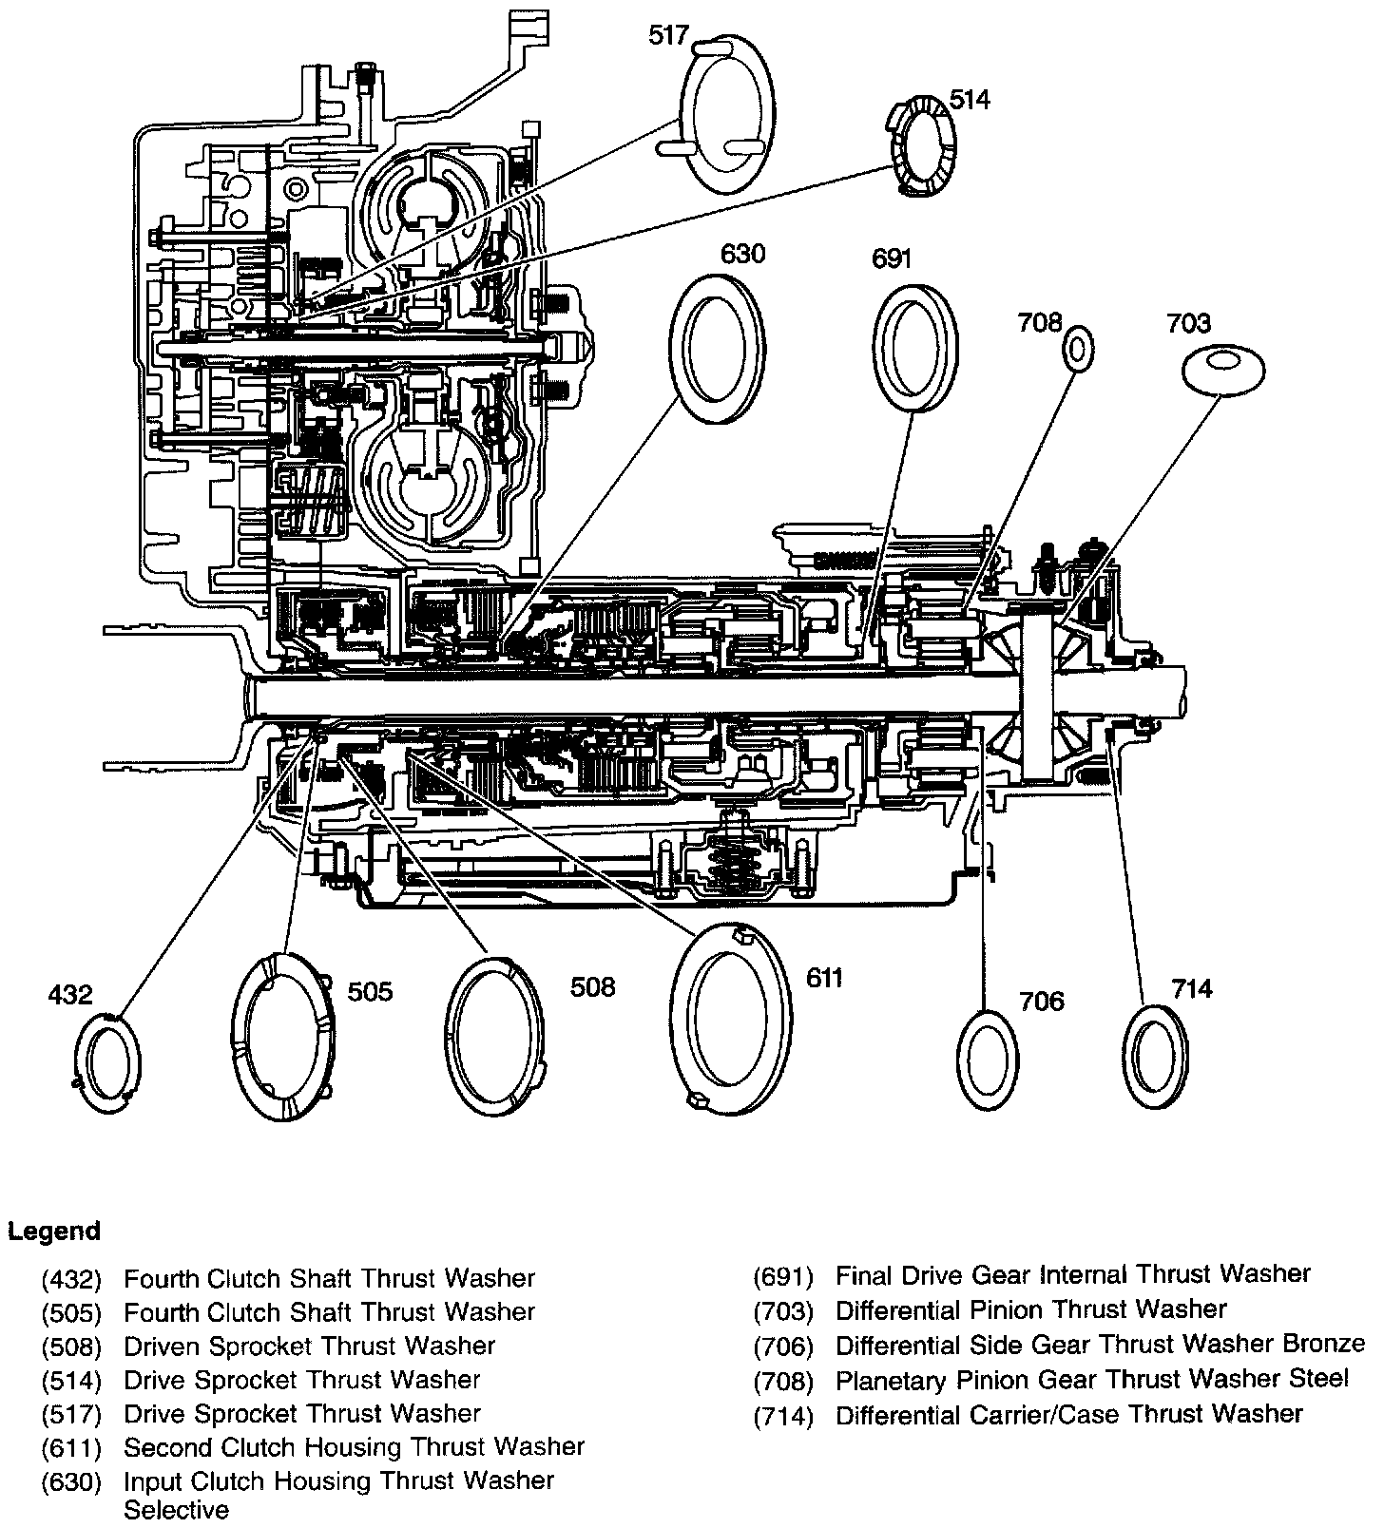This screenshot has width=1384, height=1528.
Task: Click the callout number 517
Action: tap(669, 36)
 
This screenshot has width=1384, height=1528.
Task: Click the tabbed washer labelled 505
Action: tap(283, 1036)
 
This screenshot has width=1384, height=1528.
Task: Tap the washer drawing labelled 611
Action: tap(730, 1015)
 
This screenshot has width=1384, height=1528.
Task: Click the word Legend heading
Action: tap(54, 1232)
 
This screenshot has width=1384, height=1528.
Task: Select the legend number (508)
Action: tap(71, 1347)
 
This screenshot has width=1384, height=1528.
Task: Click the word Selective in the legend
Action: tap(177, 1510)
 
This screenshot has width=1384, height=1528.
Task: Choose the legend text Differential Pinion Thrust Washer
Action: tap(1031, 1310)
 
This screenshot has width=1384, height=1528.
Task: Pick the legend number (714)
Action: tap(784, 1417)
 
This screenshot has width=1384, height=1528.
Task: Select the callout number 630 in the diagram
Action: tap(742, 255)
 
